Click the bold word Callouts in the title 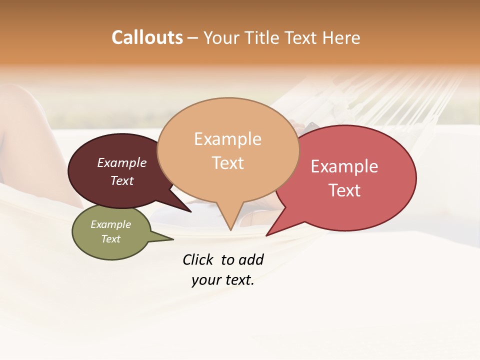(x=147, y=37)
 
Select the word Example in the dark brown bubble (x=122, y=162)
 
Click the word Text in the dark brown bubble (x=122, y=180)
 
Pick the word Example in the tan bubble (x=227, y=139)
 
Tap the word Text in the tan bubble (x=228, y=163)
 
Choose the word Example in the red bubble (x=344, y=166)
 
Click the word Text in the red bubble (x=344, y=190)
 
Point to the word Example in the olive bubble (x=111, y=224)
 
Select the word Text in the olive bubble (x=111, y=239)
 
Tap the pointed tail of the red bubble (x=270, y=232)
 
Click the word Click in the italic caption (x=197, y=259)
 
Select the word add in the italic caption (x=250, y=259)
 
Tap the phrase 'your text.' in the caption (x=223, y=280)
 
